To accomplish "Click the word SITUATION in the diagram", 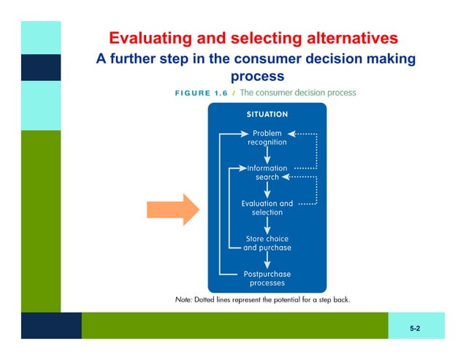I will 267,115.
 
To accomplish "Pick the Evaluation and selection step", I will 267,207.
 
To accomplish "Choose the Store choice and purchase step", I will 267,242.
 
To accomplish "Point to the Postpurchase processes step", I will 267,278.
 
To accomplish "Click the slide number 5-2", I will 415,329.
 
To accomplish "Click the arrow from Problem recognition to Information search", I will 267,155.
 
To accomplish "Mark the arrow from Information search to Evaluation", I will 267,190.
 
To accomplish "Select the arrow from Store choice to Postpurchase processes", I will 267,260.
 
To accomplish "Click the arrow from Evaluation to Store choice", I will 267,225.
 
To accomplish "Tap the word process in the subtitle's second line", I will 257,76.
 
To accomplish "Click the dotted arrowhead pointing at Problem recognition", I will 291,134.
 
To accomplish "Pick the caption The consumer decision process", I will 298,93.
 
